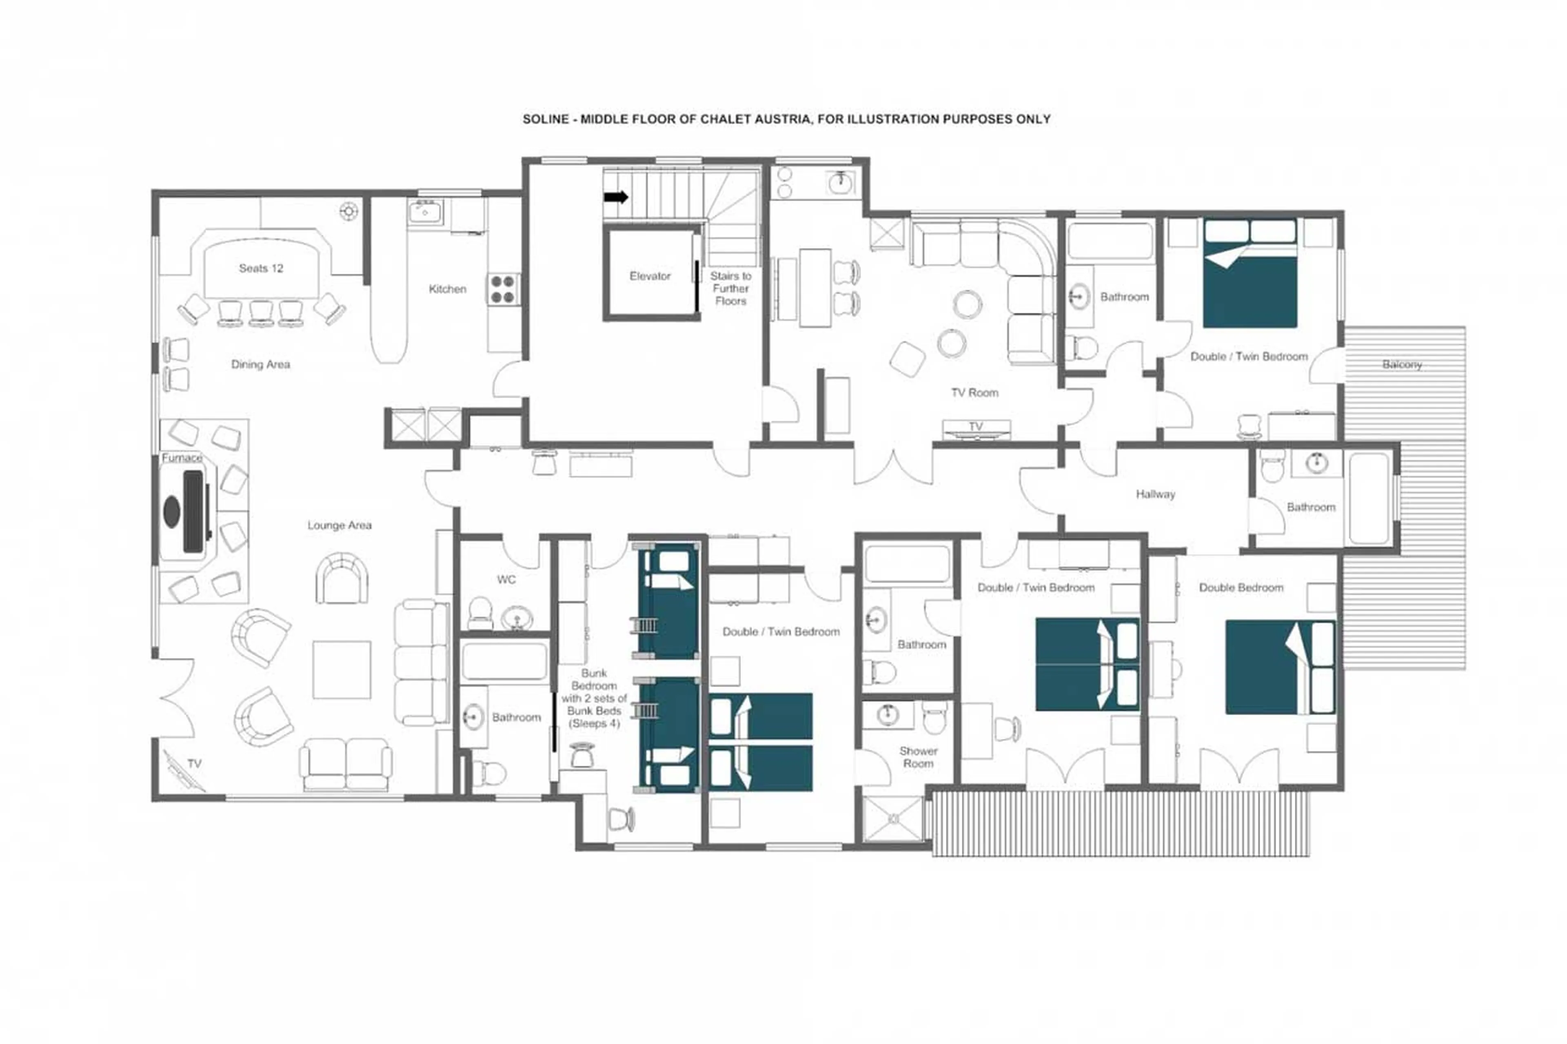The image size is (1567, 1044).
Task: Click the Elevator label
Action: tap(649, 276)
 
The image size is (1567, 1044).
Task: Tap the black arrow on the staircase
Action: tap(615, 197)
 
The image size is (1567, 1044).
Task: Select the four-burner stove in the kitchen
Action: tap(504, 289)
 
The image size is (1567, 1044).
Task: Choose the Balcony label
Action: tap(1401, 365)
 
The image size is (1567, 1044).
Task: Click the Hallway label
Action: tap(1155, 494)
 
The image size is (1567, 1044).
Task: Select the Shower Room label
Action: tap(918, 757)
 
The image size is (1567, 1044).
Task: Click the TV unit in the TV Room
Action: tap(976, 430)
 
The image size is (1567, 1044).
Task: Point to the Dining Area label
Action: tap(260, 364)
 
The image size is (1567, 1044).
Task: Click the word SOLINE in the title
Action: tap(546, 119)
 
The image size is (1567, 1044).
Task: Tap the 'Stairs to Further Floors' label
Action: tap(730, 288)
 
